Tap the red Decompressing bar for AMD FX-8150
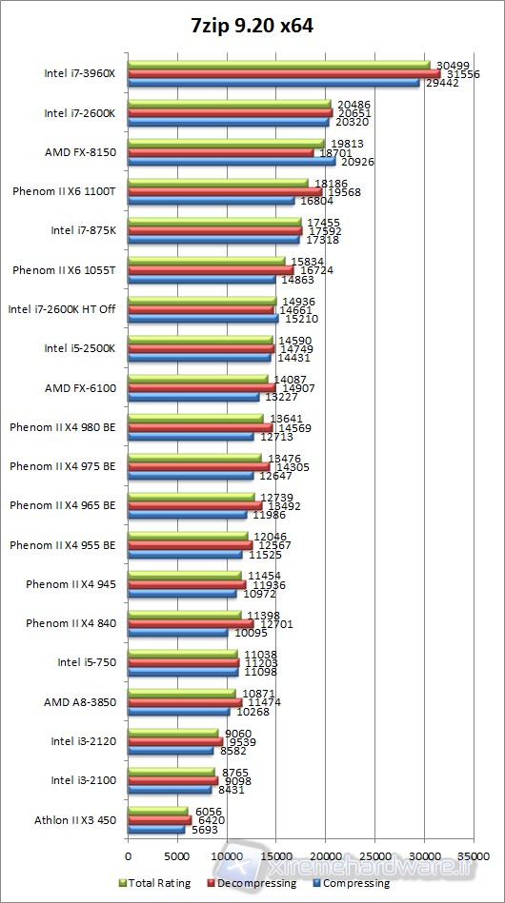tap(220, 151)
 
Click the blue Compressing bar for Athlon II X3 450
tap(156, 829)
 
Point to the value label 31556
tap(457, 74)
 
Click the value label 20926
tap(357, 161)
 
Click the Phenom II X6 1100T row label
tap(64, 191)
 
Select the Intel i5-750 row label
tap(87, 662)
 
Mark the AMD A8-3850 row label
tap(80, 701)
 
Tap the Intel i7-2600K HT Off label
tap(62, 309)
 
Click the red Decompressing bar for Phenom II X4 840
tap(191, 623)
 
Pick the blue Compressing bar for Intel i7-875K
tap(213, 239)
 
